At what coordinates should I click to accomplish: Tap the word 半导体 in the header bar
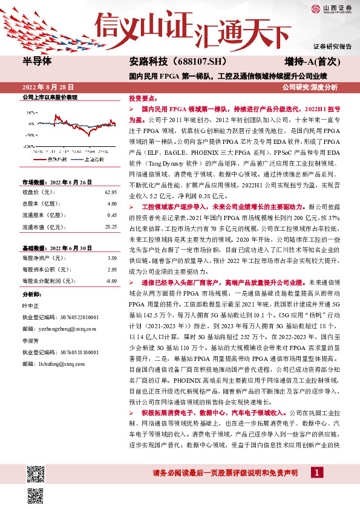pyautogui.click(x=38, y=62)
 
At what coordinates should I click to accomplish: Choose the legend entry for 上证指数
pyautogui.click(x=91, y=159)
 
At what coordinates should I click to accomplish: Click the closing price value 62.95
pyautogui.click(x=111, y=192)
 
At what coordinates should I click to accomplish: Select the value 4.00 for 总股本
pyautogui.click(x=112, y=204)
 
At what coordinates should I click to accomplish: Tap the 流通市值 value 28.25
pyautogui.click(x=111, y=226)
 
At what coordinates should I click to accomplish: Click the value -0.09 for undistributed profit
pyautogui.click(x=111, y=281)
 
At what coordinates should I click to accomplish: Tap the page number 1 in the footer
pyautogui.click(x=316, y=473)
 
